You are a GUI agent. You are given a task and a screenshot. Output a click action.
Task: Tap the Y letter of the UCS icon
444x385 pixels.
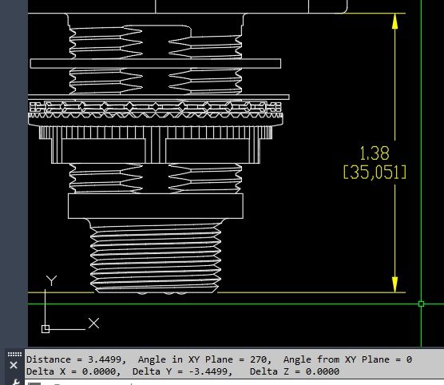[51, 280]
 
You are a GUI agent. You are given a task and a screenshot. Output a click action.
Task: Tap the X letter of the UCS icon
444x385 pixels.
[93, 323]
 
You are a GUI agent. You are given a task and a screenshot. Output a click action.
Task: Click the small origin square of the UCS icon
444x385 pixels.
[46, 328]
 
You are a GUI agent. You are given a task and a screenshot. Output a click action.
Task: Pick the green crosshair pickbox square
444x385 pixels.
[421, 304]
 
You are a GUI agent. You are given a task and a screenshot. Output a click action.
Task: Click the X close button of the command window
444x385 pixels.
[14, 365]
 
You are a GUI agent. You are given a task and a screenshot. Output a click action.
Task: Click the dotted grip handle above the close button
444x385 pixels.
[14, 353]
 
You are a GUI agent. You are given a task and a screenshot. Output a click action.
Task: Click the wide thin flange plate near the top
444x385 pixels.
[156, 62]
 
